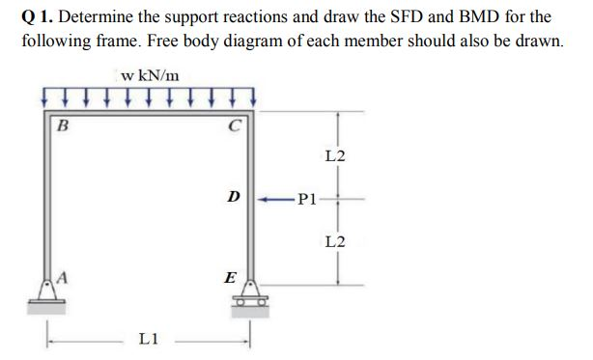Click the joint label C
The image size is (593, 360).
[x=236, y=123]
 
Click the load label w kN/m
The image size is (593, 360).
[x=150, y=74]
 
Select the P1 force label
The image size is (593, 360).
[x=305, y=202]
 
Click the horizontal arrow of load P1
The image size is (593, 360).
[x=276, y=202]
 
